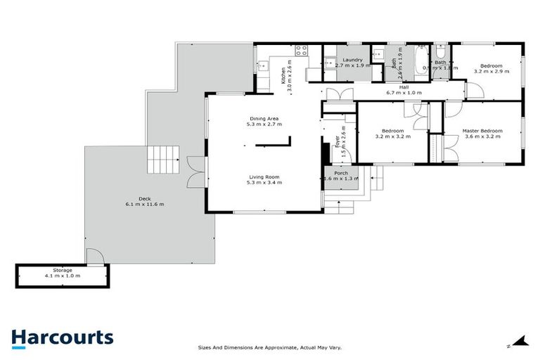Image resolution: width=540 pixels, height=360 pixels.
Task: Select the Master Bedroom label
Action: pos(482,131)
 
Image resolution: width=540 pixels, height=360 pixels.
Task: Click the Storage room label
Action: pos(63,270)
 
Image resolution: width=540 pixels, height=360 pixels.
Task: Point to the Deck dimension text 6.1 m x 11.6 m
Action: pos(144,204)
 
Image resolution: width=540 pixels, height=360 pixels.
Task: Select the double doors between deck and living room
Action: pos(196,172)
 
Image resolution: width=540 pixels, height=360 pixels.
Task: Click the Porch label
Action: pos(341,173)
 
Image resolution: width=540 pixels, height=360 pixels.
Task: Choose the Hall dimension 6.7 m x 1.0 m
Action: pos(404,92)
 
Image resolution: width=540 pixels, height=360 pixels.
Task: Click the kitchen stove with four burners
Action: pos(302,50)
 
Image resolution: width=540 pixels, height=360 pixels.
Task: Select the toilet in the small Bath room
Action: pos(440,52)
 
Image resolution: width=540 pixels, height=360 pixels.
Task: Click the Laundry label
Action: pos(352,60)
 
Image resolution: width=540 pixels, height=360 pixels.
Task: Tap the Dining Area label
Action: pos(264,118)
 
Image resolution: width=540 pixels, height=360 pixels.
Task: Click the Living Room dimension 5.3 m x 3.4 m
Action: pos(264,182)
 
